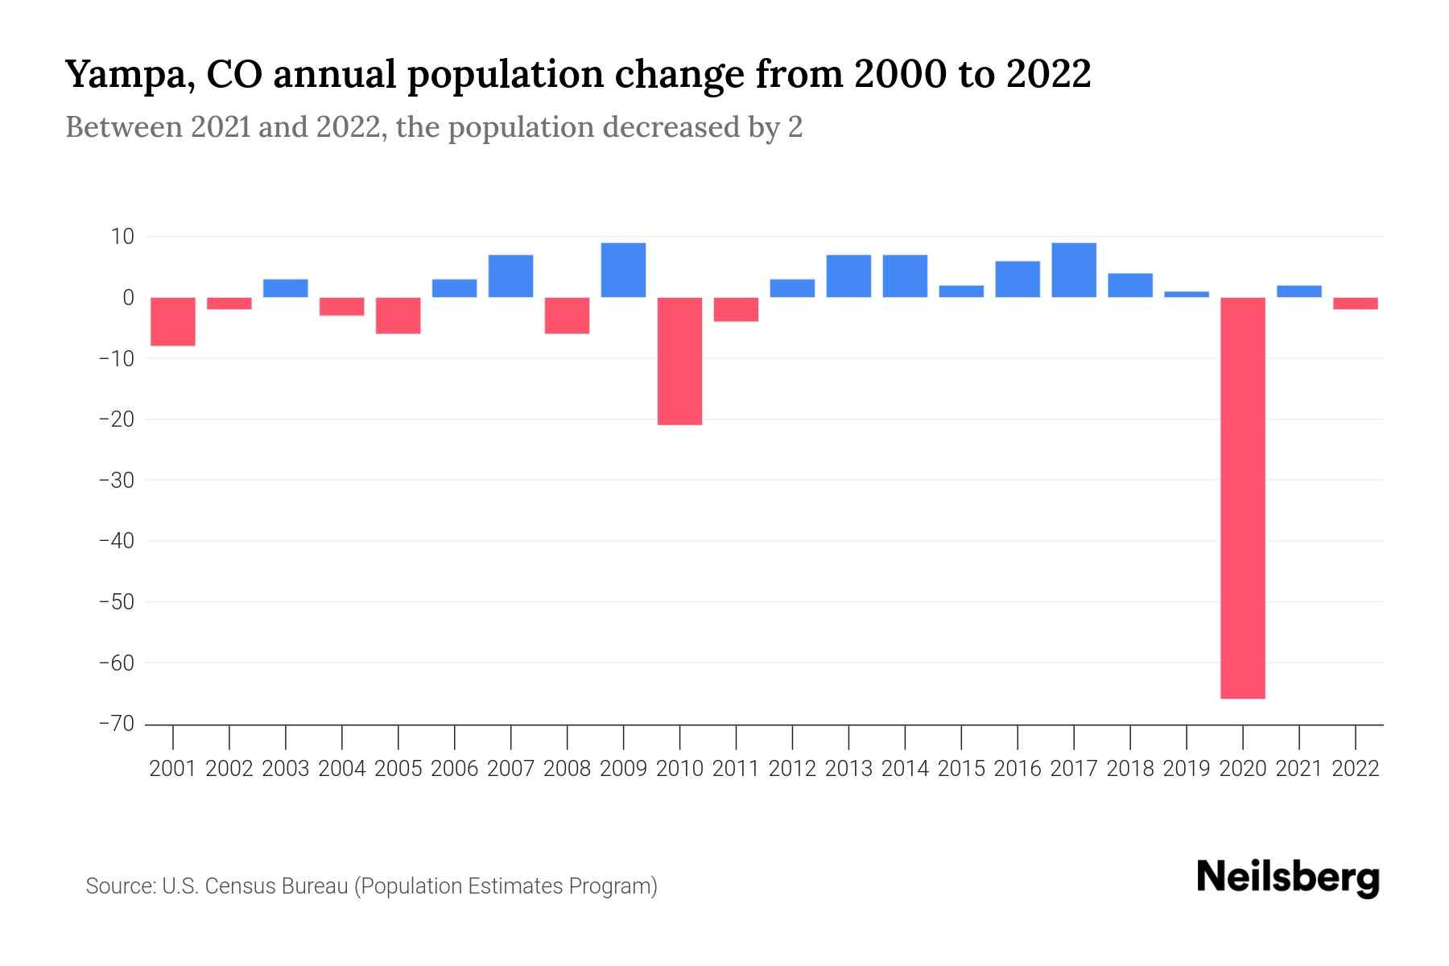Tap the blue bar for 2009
[623, 270]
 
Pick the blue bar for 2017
[1074, 270]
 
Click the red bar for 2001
[173, 321]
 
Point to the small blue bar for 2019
[1187, 295]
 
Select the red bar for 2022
[1356, 303]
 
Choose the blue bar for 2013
[848, 276]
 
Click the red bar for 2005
[398, 316]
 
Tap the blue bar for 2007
[510, 276]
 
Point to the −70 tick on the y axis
[116, 724]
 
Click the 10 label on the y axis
[123, 237]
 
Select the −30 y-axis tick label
[116, 480]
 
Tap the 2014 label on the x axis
[905, 769]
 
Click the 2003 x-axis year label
[286, 769]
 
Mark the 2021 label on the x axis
[1299, 769]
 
